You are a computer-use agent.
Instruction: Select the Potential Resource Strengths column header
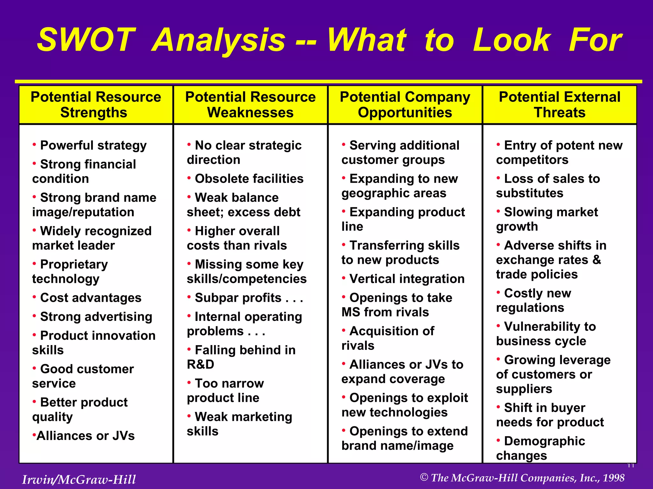(96, 104)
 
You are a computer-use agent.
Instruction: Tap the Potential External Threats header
(560, 104)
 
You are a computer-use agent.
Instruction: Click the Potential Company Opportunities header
(405, 104)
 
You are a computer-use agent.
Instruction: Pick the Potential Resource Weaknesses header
(250, 104)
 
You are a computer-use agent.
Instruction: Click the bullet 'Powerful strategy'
(93, 145)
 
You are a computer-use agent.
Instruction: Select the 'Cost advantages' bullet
(91, 298)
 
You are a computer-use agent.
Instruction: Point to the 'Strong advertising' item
(96, 317)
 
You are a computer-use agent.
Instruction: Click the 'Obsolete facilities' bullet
(249, 179)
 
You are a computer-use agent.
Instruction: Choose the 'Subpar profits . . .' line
(249, 298)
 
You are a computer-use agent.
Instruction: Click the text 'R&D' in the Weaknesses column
(201, 364)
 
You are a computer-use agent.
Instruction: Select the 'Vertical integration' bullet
(407, 279)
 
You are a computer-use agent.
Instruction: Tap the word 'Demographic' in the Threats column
(545, 441)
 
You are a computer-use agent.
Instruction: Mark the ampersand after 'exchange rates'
(597, 260)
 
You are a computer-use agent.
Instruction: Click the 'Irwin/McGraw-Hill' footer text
(79, 479)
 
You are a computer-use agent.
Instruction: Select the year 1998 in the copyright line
(613, 478)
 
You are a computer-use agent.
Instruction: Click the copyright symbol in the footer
(424, 477)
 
